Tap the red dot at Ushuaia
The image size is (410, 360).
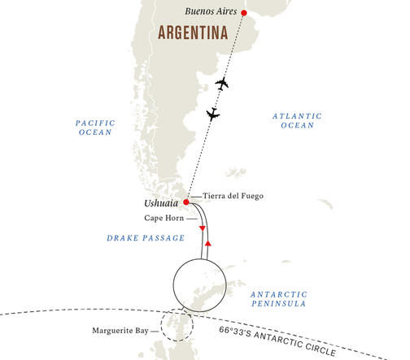coord(186,202)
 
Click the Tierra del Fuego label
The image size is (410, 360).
coord(232,196)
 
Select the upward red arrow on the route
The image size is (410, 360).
coord(208,242)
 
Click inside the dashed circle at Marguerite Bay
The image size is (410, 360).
coord(177,327)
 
